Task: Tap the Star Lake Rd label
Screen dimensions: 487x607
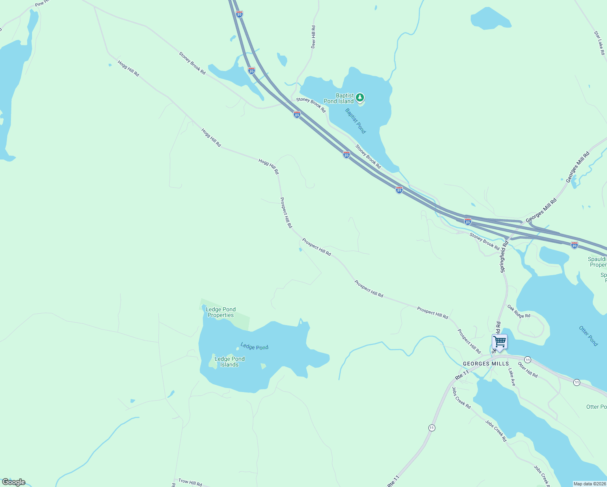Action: pyautogui.click(x=599, y=43)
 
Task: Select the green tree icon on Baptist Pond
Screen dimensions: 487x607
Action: pyautogui.click(x=359, y=97)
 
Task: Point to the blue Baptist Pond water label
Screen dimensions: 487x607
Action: pyautogui.click(x=355, y=121)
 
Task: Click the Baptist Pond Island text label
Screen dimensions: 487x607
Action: pyautogui.click(x=339, y=99)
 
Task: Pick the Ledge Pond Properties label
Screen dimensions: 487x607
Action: pyautogui.click(x=221, y=312)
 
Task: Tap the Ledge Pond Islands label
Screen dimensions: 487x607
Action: pyautogui.click(x=229, y=362)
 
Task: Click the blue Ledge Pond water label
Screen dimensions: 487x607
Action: pyautogui.click(x=254, y=347)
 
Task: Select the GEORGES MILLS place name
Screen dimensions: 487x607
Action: pyautogui.click(x=486, y=364)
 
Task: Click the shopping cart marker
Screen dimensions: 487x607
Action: pyautogui.click(x=499, y=342)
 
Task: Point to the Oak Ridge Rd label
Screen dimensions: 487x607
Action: pyautogui.click(x=519, y=312)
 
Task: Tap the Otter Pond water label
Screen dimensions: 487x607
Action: pyautogui.click(x=588, y=336)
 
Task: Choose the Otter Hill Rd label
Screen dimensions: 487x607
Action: pyautogui.click(x=527, y=370)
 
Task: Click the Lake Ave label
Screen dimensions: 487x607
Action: pyautogui.click(x=511, y=377)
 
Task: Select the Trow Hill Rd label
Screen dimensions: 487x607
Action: pyautogui.click(x=190, y=482)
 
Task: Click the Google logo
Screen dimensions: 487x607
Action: pyautogui.click(x=14, y=482)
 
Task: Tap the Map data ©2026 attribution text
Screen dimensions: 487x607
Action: pyautogui.click(x=589, y=484)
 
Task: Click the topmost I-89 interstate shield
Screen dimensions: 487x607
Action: pyautogui.click(x=239, y=14)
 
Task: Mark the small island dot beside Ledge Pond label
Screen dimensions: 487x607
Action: pyautogui.click(x=238, y=348)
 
